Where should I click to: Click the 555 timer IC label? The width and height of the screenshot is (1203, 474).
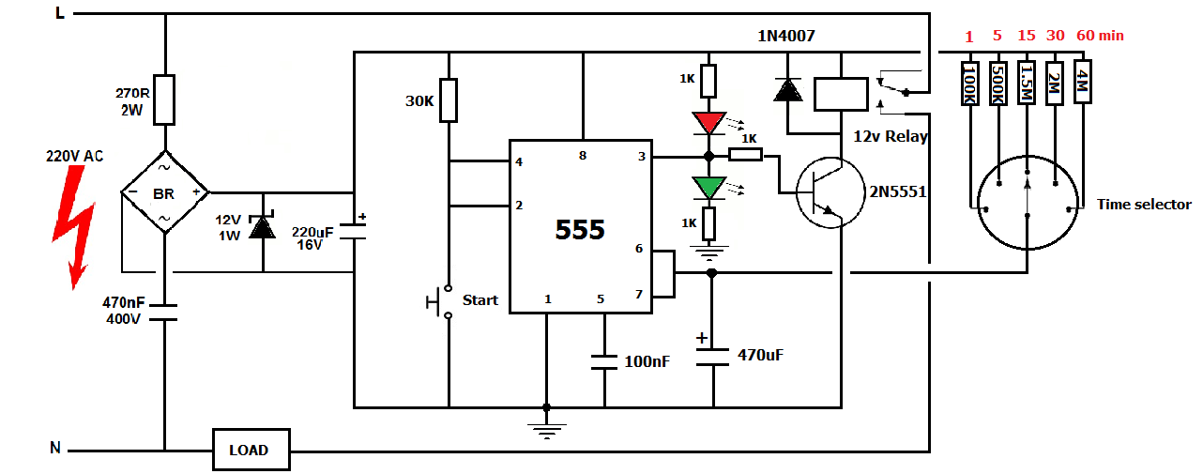click(580, 229)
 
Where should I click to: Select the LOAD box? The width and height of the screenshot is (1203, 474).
click(249, 450)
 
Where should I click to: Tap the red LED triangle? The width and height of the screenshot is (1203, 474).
click(709, 123)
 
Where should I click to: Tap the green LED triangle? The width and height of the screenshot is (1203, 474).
click(709, 187)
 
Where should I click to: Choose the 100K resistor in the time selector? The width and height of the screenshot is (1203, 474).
click(969, 84)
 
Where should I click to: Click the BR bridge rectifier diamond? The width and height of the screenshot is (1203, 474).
click(164, 192)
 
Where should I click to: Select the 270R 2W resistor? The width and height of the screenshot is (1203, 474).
click(164, 99)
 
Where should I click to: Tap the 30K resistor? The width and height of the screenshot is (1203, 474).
click(449, 100)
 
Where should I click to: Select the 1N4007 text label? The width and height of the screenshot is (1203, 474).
click(786, 36)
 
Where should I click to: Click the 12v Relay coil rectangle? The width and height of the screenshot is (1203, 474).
click(840, 94)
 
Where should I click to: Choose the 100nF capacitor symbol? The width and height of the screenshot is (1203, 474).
click(603, 360)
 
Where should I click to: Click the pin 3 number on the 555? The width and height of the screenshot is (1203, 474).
click(642, 157)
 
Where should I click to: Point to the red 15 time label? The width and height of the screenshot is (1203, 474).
click(1027, 36)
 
